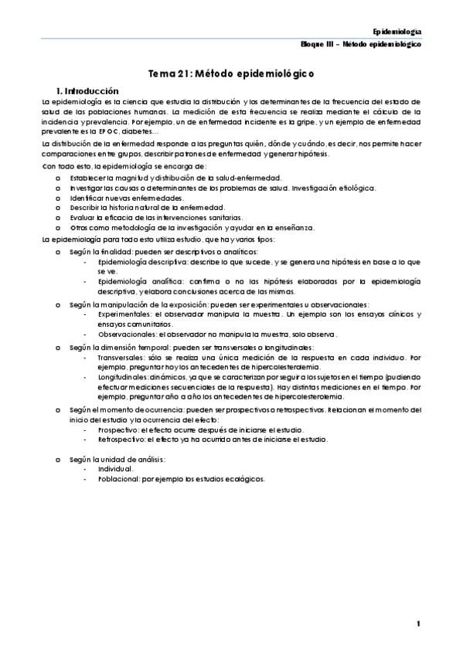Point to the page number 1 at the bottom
417,623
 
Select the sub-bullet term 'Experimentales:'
124,314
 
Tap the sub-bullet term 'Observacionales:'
127,334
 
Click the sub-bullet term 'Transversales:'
123,358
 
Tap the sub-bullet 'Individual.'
116,469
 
